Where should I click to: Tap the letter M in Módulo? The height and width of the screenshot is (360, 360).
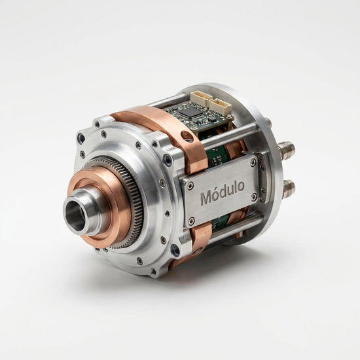[206, 198]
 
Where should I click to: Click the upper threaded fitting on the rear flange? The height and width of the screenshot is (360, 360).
[286, 151]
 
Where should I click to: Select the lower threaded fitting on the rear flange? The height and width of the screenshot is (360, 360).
[289, 189]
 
